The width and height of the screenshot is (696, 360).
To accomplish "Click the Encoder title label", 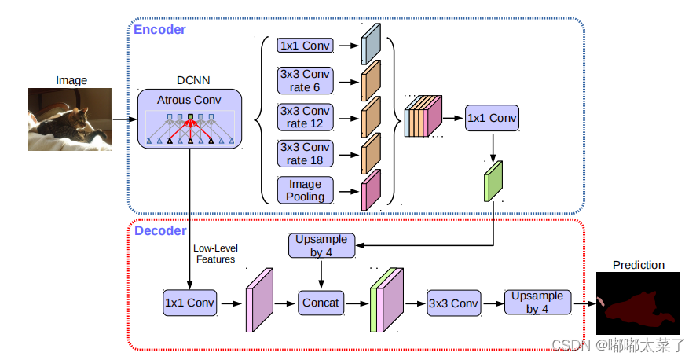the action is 159,30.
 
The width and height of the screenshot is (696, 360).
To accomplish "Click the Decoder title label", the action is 160,231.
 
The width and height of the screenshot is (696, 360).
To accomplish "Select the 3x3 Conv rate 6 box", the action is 306,81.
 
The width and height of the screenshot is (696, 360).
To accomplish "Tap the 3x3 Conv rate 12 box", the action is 306,117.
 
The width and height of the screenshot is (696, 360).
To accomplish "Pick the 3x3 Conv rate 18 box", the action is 306,153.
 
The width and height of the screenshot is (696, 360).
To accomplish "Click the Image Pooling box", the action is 306,190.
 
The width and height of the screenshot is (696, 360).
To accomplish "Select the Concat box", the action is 321,303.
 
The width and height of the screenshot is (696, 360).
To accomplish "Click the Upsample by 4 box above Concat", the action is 322,245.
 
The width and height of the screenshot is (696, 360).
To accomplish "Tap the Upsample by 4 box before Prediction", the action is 537,303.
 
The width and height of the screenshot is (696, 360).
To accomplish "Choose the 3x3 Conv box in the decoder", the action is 454,303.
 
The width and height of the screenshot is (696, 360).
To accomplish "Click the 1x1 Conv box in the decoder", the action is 190,303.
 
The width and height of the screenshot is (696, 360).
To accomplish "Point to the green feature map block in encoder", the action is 493,181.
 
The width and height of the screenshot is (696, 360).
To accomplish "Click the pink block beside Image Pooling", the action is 371,189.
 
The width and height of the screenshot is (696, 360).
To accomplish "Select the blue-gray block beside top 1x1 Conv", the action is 371,44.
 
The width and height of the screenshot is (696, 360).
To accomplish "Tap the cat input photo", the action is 70,119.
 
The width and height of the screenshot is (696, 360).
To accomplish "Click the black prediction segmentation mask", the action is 638,303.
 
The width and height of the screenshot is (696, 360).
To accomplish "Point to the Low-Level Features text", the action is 216,254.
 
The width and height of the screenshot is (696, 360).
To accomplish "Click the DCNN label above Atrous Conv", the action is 193,80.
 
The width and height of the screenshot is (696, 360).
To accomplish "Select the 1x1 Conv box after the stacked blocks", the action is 492,118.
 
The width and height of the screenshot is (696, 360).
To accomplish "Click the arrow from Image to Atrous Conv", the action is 125,119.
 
